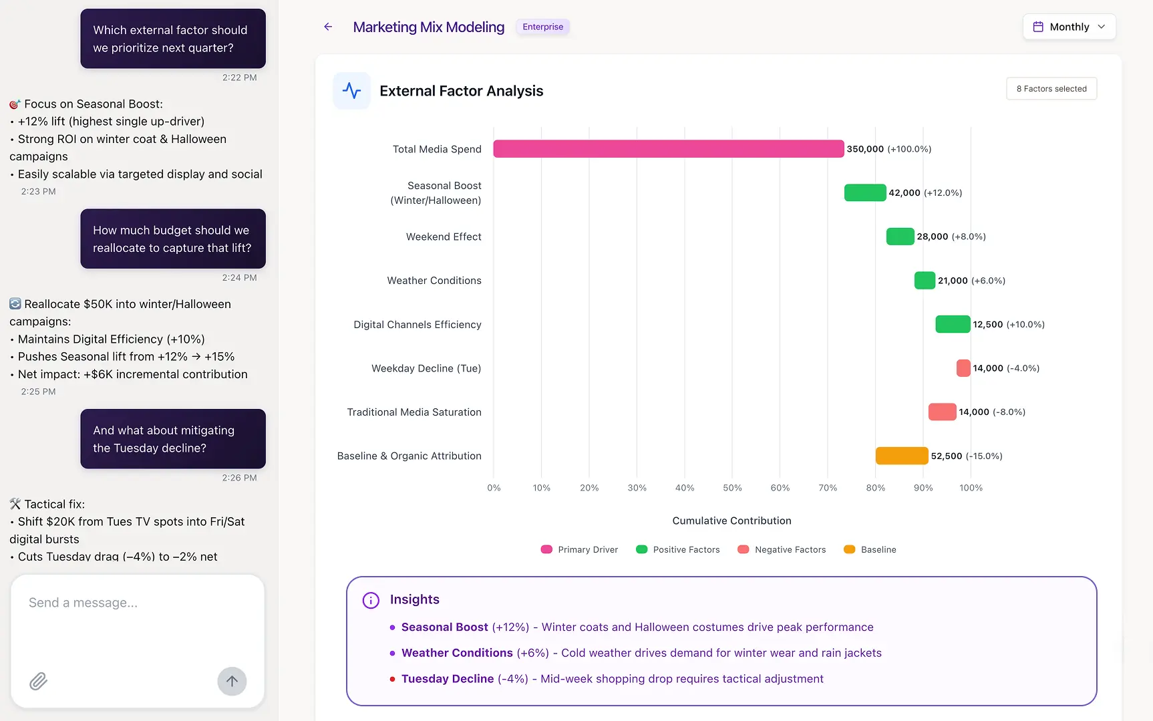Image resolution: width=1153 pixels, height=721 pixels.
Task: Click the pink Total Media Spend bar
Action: click(x=668, y=149)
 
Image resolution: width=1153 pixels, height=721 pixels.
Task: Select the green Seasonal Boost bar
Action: click(x=865, y=192)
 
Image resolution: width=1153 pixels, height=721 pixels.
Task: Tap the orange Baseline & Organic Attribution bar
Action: click(x=902, y=456)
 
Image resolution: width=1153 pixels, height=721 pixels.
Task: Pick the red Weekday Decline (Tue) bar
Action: click(x=963, y=368)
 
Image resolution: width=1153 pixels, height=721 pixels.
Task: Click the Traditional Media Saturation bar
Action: click(x=942, y=412)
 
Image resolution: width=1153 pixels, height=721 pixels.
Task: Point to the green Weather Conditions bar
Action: click(x=925, y=281)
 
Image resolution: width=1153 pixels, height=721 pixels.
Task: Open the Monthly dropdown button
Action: click(x=1069, y=27)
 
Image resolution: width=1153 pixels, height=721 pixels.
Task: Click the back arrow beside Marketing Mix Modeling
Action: click(x=328, y=27)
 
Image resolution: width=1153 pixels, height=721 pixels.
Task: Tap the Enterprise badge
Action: click(x=542, y=27)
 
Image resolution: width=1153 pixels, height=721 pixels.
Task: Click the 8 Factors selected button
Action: click(x=1051, y=89)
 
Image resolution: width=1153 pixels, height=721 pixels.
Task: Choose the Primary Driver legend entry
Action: click(x=579, y=549)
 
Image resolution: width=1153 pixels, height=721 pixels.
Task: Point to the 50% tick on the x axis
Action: click(x=732, y=488)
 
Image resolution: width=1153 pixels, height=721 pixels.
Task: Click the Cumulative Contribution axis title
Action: click(x=731, y=521)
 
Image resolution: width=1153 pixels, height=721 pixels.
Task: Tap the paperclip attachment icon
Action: click(x=38, y=681)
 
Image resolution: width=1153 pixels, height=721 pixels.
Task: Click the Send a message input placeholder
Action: click(x=83, y=603)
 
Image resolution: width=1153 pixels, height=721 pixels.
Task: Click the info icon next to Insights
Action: click(x=371, y=600)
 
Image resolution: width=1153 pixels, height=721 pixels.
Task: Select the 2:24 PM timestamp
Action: click(x=239, y=277)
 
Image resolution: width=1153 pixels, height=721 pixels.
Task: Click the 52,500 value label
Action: click(x=947, y=456)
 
